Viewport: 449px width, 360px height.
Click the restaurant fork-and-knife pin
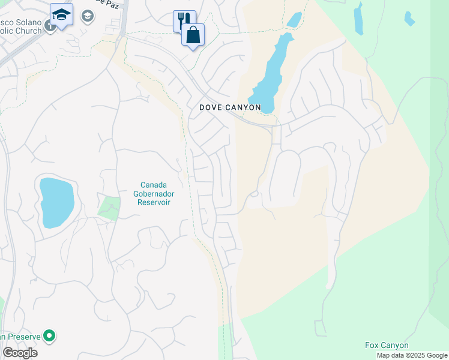[x=184, y=20]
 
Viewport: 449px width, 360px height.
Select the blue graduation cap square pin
[x=61, y=14]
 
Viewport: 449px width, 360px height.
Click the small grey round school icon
[x=87, y=16]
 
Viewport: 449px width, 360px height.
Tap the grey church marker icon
[x=47, y=27]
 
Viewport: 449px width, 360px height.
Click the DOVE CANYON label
[x=231, y=107]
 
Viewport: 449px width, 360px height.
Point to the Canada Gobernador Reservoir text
[x=153, y=193]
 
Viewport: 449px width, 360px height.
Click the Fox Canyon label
[x=387, y=345]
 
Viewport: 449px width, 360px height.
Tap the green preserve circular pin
[x=50, y=336]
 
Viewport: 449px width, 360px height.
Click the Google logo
[x=20, y=353]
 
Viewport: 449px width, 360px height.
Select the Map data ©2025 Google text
[x=412, y=355]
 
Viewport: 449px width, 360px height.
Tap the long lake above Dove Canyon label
[x=271, y=72]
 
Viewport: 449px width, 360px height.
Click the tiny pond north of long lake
[x=294, y=20]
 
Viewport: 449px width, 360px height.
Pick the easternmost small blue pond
[x=409, y=19]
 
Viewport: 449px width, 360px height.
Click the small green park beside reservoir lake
[x=109, y=208]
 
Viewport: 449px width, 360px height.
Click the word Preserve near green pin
[x=24, y=337]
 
